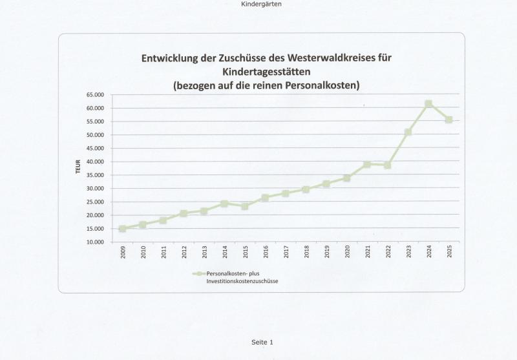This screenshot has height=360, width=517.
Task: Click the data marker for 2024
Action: click(428, 104)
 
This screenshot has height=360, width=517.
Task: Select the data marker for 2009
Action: click(123, 229)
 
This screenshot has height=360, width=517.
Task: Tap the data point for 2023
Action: click(408, 132)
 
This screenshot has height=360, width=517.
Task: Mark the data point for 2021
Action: click(367, 164)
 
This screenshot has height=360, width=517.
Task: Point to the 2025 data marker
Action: click(448, 120)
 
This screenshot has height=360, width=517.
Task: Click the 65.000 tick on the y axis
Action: click(94, 95)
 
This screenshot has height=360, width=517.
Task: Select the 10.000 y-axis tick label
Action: click(94, 242)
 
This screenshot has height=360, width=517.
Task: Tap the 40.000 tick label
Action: click(94, 162)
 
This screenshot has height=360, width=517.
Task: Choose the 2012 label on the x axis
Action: click(184, 252)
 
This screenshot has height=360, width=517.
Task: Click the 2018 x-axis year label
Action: click(306, 252)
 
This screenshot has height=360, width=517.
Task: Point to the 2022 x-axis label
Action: click(388, 252)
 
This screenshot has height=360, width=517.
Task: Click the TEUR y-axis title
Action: click(78, 168)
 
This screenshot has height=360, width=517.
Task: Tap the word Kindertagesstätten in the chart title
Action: click(266, 71)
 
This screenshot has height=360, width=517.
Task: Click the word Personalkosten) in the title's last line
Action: click(319, 85)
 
